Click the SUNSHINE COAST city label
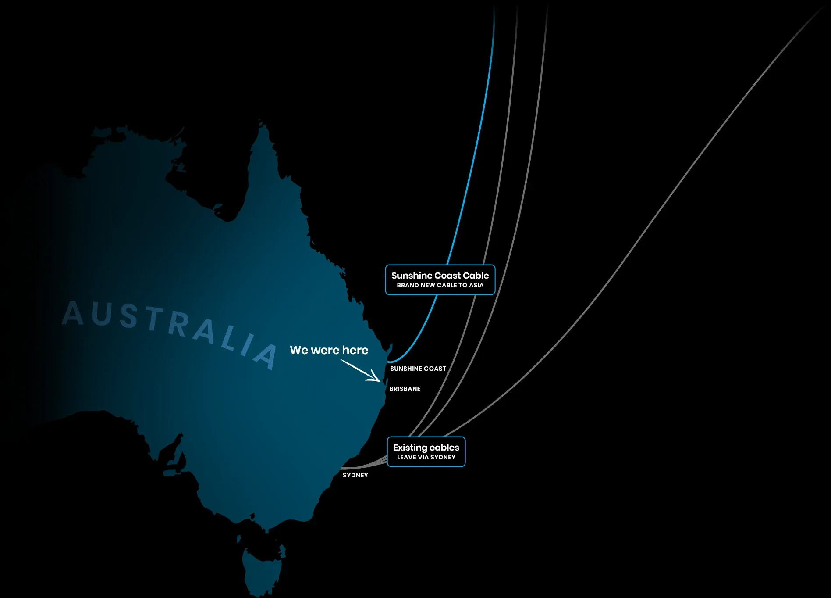click(418, 369)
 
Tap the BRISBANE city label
click(405, 389)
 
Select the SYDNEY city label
click(355, 475)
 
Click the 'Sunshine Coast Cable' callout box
click(440, 279)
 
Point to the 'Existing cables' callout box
click(426, 451)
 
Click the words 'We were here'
click(329, 350)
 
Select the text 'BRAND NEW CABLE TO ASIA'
click(440, 285)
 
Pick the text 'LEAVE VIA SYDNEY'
click(426, 457)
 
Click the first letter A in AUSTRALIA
click(73, 313)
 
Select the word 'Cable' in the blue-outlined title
click(476, 276)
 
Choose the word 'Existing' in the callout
click(410, 448)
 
